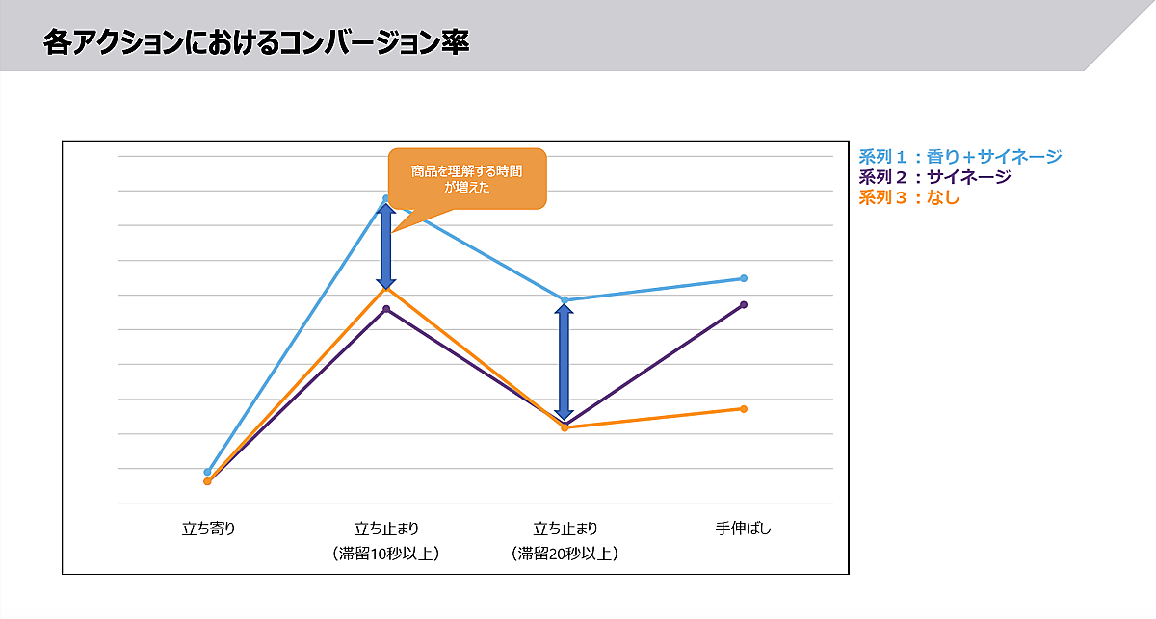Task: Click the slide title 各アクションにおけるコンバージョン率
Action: click(256, 43)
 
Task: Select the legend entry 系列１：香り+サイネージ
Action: click(959, 157)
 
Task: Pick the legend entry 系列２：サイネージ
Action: click(933, 177)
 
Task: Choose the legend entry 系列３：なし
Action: click(908, 197)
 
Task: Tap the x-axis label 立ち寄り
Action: click(208, 528)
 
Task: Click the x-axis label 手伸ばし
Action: click(744, 528)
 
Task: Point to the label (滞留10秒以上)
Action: click(385, 554)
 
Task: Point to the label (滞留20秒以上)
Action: click(565, 554)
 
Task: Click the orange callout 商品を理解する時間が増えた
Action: click(467, 179)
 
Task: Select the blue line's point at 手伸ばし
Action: click(744, 278)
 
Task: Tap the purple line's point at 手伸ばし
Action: click(744, 305)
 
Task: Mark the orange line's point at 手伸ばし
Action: click(744, 409)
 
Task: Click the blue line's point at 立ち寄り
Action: click(207, 472)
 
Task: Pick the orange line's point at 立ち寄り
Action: click(207, 481)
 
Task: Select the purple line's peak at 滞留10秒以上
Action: click(386, 309)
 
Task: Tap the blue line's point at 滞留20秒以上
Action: click(565, 299)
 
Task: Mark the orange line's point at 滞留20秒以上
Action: click(565, 426)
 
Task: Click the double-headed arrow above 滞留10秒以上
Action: click(386, 246)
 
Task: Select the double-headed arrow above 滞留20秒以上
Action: click(565, 362)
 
